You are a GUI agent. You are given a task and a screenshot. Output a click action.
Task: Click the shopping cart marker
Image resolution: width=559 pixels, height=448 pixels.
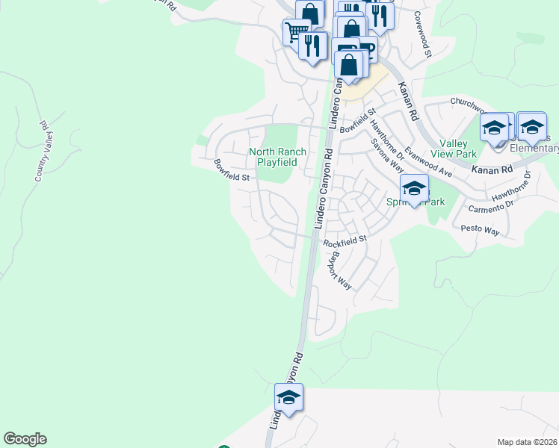296,31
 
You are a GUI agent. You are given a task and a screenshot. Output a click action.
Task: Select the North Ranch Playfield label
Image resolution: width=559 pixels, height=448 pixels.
277,157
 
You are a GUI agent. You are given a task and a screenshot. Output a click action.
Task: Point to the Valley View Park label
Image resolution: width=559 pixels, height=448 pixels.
458,149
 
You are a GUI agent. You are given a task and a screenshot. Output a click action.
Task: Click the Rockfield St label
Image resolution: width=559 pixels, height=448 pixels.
346,241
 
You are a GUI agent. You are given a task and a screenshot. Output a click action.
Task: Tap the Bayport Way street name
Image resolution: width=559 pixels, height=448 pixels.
340,270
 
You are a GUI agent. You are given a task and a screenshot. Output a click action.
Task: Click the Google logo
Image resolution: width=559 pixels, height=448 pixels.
25,439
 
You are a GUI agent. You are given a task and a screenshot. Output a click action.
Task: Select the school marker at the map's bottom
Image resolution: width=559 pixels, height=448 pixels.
288,399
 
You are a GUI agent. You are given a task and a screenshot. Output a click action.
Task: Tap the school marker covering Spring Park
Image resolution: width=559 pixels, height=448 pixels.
414,187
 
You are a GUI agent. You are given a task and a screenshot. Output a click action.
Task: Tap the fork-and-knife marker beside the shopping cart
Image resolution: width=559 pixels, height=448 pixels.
312,44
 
